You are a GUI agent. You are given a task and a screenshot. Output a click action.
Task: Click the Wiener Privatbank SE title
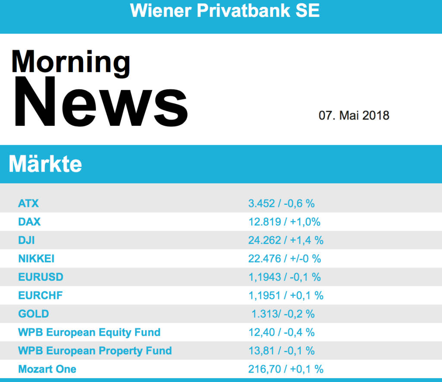pyautogui.click(x=225, y=10)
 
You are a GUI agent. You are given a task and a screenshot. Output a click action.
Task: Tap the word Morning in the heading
pyautogui.click(x=71, y=62)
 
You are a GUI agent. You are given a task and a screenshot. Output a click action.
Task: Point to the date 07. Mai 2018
pyautogui.click(x=354, y=116)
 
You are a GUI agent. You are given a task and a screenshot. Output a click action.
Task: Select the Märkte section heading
pyautogui.click(x=45, y=164)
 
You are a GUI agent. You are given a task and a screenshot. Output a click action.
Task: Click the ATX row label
pyautogui.click(x=28, y=203)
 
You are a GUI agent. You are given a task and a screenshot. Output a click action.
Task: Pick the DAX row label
pyautogui.click(x=29, y=222)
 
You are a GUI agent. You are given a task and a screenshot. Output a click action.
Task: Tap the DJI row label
pyautogui.click(x=27, y=240)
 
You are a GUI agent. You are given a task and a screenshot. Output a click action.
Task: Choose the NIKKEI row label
pyautogui.click(x=36, y=259)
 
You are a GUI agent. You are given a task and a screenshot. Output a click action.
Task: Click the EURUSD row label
pyautogui.click(x=41, y=277)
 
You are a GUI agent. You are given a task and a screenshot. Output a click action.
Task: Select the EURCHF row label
pyautogui.click(x=40, y=295)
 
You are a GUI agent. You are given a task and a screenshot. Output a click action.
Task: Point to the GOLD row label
pyautogui.click(x=34, y=314)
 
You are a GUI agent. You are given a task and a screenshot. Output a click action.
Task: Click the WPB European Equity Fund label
pyautogui.click(x=89, y=332)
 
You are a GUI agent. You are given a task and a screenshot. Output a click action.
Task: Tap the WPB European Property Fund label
pyautogui.click(x=95, y=351)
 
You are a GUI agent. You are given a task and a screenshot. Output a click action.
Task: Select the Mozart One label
pyautogui.click(x=47, y=369)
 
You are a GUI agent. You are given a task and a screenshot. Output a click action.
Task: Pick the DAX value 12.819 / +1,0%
pyautogui.click(x=284, y=222)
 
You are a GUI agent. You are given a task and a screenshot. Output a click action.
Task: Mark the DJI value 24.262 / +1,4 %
pyautogui.click(x=286, y=240)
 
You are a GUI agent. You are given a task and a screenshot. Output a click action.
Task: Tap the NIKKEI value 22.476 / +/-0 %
pyautogui.click(x=284, y=259)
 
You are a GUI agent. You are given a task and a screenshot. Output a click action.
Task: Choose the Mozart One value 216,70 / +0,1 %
pyautogui.click(x=286, y=369)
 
